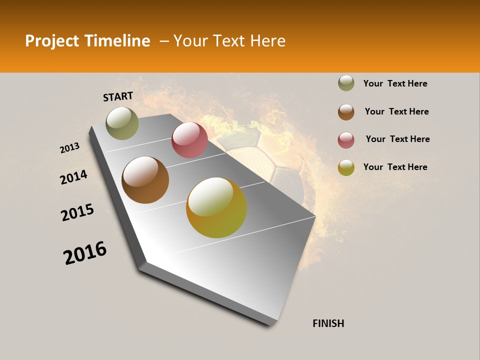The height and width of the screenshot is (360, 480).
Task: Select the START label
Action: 118,96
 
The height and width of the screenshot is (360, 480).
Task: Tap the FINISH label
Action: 328,323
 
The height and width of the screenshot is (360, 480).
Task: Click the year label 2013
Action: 70,148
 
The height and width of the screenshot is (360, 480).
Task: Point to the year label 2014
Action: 74,177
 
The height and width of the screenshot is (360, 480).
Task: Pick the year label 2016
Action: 85,253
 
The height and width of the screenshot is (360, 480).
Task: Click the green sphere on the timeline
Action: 122,123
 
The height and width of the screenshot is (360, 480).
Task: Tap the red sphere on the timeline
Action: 189,140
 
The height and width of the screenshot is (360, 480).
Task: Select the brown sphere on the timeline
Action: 145,180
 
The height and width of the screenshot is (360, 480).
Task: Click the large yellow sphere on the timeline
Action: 216,207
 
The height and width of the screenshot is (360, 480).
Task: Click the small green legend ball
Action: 346,83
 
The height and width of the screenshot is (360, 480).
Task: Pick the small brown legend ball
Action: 346,112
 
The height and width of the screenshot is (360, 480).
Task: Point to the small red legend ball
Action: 346,140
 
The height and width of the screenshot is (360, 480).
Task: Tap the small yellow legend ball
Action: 346,167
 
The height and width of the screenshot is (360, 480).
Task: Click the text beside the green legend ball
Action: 395,84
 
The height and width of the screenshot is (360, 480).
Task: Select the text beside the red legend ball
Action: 397,139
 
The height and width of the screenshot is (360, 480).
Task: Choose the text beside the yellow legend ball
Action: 395,167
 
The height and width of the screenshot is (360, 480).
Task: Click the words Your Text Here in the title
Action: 229,41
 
